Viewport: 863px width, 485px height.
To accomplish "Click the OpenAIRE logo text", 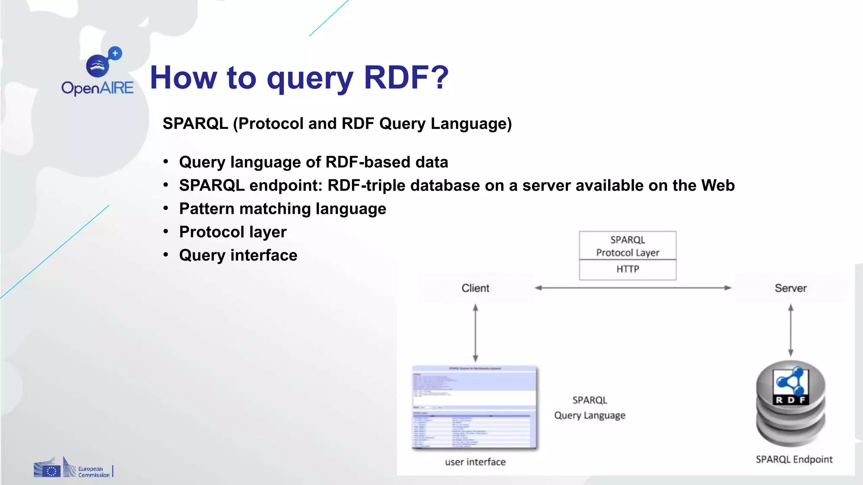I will tap(97, 88).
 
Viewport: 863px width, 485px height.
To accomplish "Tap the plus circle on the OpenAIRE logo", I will tap(115, 53).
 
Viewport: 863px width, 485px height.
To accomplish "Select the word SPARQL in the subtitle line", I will tap(195, 124).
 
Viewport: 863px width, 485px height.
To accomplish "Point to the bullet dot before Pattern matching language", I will tap(166, 208).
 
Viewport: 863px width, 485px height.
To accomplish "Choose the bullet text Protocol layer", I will tap(233, 232).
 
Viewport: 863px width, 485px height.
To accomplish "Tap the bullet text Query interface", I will tap(238, 255).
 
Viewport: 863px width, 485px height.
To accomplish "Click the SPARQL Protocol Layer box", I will tap(627, 246).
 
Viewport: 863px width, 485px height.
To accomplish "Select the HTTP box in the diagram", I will tap(627, 269).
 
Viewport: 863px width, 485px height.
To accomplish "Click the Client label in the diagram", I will tap(475, 288).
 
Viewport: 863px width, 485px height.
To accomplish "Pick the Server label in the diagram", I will tap(791, 288).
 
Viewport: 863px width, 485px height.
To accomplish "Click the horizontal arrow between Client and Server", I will tap(632, 288).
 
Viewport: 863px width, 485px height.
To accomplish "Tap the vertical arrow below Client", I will tap(475, 333).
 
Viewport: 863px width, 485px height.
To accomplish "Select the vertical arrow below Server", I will tap(791, 330).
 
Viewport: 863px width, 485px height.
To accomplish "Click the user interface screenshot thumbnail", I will tap(475, 408).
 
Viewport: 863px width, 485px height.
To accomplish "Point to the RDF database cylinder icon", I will tap(791, 403).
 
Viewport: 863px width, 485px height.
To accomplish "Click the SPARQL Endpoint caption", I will tap(794, 459).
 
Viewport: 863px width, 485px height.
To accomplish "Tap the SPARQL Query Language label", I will tap(590, 408).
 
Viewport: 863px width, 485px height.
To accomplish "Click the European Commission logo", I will tap(72, 468).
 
